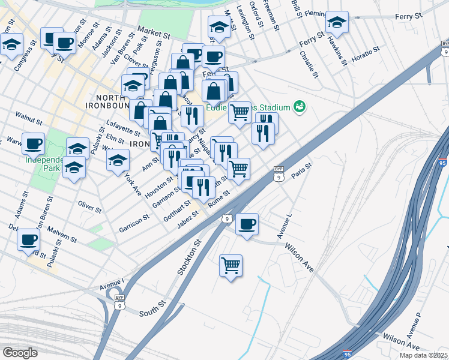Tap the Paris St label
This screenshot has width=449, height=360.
[x=302, y=170]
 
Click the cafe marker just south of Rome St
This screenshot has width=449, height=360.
[x=246, y=224]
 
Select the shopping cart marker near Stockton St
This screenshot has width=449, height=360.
[x=231, y=264]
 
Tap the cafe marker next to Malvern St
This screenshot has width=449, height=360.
[x=28, y=239]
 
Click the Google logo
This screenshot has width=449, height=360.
[x=20, y=353]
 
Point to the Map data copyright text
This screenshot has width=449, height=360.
[x=423, y=355]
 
